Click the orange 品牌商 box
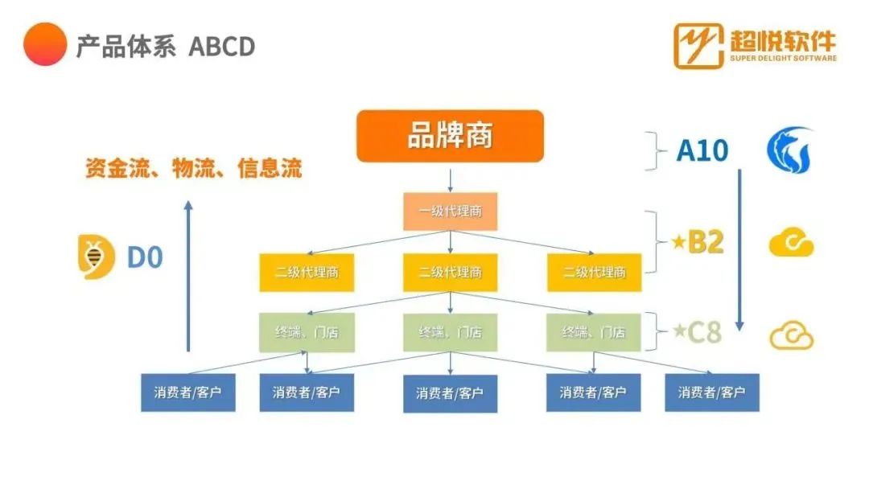point(450,136)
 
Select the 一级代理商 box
point(450,212)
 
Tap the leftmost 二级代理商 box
point(307,273)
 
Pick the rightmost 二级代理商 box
point(594,273)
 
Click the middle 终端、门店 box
point(450,332)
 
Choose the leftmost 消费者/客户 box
point(187,392)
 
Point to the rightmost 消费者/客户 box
point(712,392)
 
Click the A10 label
point(702,150)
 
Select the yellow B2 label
point(698,242)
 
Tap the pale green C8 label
point(697,332)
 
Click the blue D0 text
point(145,257)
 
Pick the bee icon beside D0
point(96,257)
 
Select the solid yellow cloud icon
point(792,243)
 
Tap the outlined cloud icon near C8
point(792,335)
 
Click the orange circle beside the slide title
point(45,44)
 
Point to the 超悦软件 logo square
point(698,46)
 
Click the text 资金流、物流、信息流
point(193,168)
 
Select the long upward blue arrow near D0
point(188,276)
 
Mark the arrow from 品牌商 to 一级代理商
point(450,180)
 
